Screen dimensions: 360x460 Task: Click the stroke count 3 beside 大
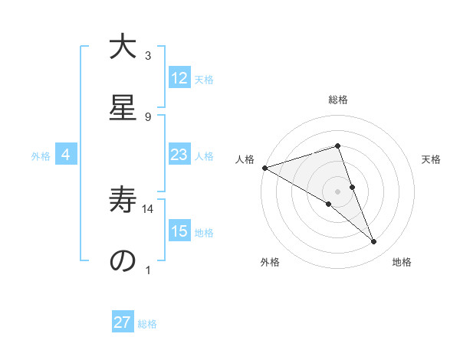148,56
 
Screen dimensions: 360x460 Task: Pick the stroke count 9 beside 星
148,116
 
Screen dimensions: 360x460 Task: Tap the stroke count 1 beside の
148,270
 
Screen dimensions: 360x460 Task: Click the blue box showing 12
179,78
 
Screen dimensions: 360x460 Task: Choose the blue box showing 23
179,155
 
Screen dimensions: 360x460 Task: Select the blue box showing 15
179,231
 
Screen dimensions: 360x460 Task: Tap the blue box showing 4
66,155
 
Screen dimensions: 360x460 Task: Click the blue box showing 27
123,322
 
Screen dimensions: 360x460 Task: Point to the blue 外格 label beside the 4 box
41,155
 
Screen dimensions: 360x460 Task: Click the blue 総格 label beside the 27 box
147,323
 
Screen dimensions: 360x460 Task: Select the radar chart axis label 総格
337,100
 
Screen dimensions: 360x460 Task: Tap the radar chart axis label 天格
431,159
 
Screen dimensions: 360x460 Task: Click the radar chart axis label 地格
402,262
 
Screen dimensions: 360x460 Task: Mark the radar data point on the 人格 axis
264,168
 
